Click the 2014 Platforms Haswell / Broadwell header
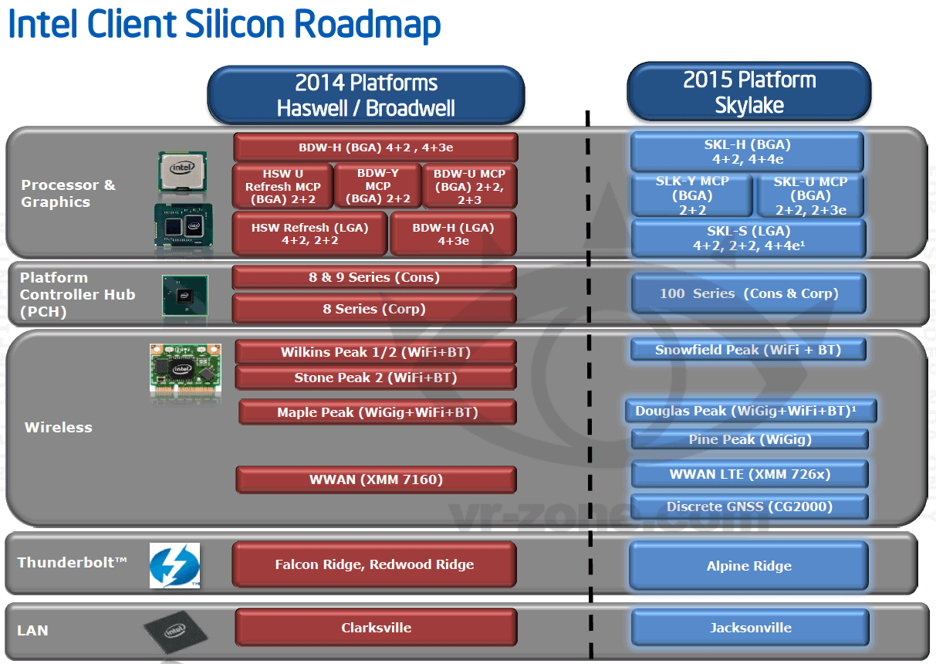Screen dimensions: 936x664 click(x=366, y=95)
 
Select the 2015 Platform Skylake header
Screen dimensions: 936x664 click(x=749, y=92)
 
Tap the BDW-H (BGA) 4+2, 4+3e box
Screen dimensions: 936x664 click(x=376, y=147)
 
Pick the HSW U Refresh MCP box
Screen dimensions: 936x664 click(x=283, y=187)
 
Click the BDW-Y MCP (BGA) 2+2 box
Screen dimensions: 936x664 click(x=378, y=186)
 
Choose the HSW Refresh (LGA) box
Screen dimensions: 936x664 click(x=309, y=234)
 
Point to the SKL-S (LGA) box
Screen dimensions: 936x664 click(x=748, y=239)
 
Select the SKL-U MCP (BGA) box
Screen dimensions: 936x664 click(x=811, y=195)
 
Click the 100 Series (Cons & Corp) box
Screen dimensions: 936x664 click(x=748, y=293)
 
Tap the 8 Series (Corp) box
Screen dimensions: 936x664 click(x=374, y=309)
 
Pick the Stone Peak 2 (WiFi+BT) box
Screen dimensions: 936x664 click(x=376, y=378)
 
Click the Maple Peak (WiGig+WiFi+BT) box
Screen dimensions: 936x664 click(x=377, y=412)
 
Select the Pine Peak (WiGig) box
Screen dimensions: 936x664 click(x=750, y=439)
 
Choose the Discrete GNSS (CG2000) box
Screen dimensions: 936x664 click(x=749, y=506)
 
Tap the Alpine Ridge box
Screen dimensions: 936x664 click(x=748, y=566)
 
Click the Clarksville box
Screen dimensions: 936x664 click(x=376, y=627)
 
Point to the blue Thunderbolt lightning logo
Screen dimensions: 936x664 click(x=174, y=565)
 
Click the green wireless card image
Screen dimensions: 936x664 click(x=185, y=370)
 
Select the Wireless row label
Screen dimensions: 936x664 click(x=59, y=427)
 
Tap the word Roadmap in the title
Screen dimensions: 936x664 click(x=367, y=24)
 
